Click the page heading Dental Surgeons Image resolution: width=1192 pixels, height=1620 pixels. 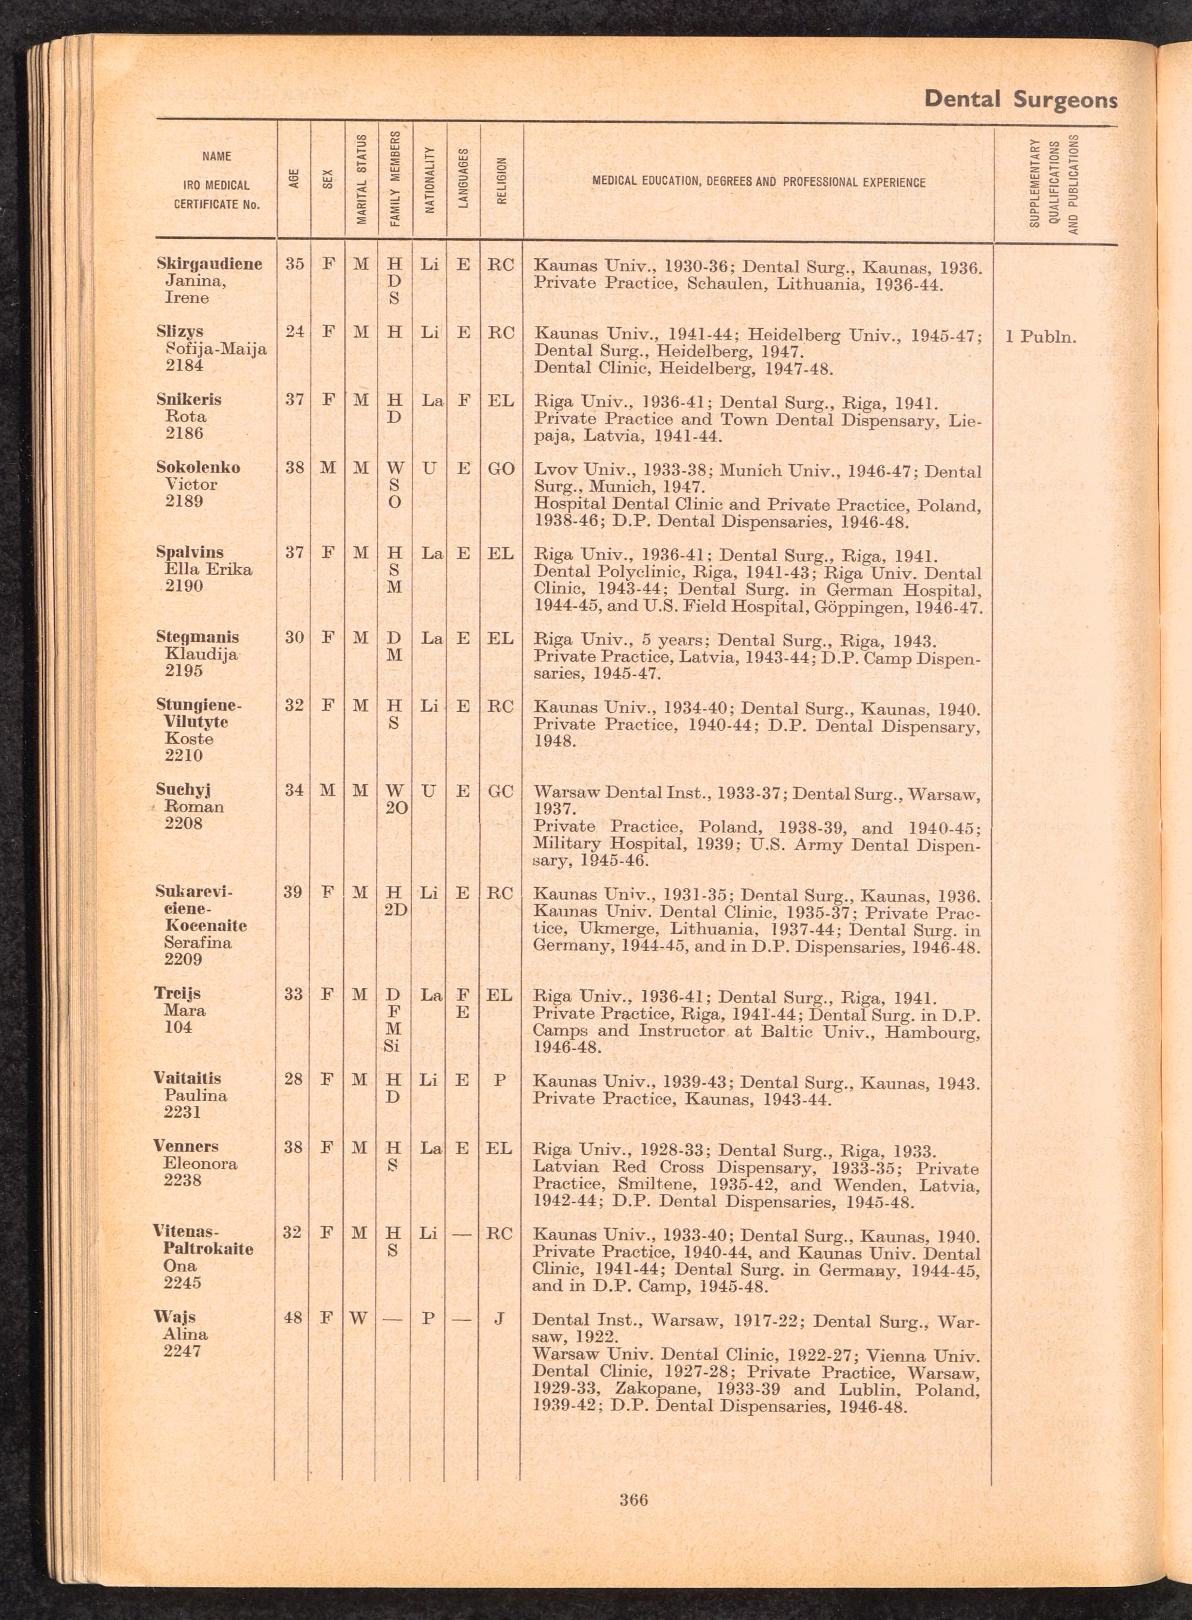coord(1020,99)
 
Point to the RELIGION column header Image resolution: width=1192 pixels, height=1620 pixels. coord(501,181)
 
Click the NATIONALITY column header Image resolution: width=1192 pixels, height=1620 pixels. coord(429,179)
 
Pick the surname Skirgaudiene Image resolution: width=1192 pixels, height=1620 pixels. coord(209,264)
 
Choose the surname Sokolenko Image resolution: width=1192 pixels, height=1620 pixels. coord(198,467)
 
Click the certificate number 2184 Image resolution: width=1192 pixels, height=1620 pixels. coord(184,366)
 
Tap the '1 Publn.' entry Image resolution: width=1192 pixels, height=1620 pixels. coord(1041,337)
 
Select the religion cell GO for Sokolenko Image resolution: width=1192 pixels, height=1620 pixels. coord(501,468)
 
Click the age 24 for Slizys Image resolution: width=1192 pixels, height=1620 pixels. coord(294,332)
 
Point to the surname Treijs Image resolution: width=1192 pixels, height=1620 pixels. coord(177,994)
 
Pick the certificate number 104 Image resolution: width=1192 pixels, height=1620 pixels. coord(178,1027)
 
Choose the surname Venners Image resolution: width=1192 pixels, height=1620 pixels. coord(185,1147)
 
